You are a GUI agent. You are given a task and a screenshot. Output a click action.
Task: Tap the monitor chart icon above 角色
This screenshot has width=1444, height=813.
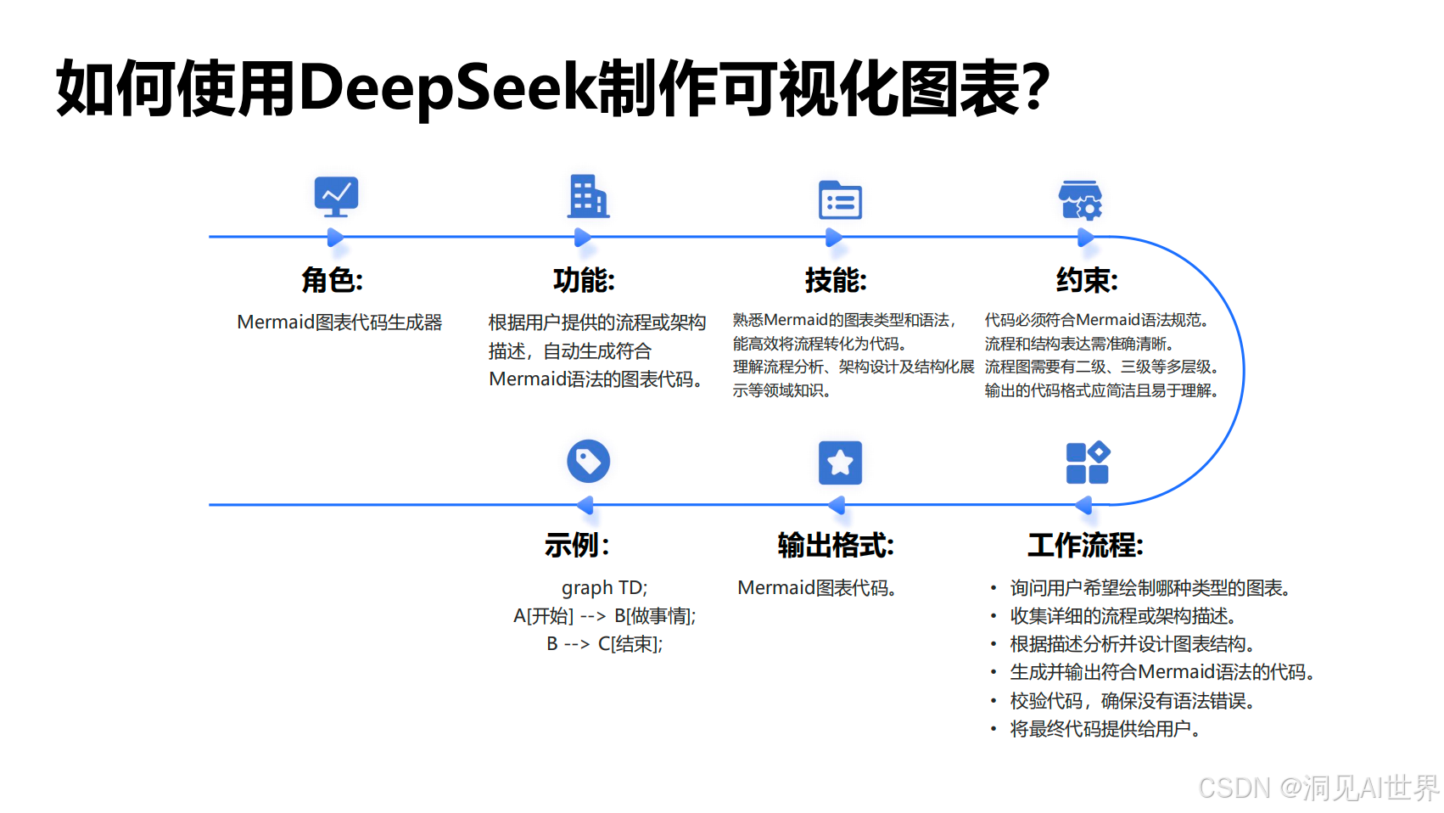click(x=336, y=197)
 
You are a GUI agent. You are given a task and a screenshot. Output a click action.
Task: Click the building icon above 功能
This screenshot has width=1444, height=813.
click(x=588, y=197)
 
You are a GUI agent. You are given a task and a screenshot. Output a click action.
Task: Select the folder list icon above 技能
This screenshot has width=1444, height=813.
click(x=840, y=200)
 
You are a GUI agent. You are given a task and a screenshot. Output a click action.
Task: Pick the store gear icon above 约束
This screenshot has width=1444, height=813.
click(x=1081, y=200)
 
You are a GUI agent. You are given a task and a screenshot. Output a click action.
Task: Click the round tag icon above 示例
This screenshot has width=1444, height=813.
click(x=588, y=462)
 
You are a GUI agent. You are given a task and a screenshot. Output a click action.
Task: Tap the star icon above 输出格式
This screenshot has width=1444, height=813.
click(x=840, y=463)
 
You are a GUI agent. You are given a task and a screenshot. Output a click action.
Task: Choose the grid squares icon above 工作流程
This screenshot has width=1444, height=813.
click(x=1088, y=463)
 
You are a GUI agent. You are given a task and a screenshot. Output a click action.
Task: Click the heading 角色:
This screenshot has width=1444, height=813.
click(x=333, y=280)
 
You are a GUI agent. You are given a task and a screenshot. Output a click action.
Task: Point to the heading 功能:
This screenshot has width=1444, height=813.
click(x=584, y=280)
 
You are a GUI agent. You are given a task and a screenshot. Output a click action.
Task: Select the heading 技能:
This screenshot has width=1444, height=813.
click(x=836, y=280)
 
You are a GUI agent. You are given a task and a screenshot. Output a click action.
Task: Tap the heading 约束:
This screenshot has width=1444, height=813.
click(x=1087, y=280)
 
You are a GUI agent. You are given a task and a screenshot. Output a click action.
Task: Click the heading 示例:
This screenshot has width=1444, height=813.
click(x=577, y=545)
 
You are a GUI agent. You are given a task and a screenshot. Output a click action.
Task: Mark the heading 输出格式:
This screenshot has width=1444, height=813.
click(x=836, y=545)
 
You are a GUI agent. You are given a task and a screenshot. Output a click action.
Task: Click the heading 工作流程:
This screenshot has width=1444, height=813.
click(x=1085, y=545)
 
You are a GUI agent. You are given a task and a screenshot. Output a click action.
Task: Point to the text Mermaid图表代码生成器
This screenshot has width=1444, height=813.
click(x=339, y=322)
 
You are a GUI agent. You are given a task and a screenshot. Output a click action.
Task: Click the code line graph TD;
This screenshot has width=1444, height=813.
click(x=604, y=588)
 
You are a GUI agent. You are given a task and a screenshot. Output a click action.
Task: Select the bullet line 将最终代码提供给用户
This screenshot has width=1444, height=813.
click(x=1104, y=729)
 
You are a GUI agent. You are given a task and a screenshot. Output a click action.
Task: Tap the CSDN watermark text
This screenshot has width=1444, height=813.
click(x=1318, y=788)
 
